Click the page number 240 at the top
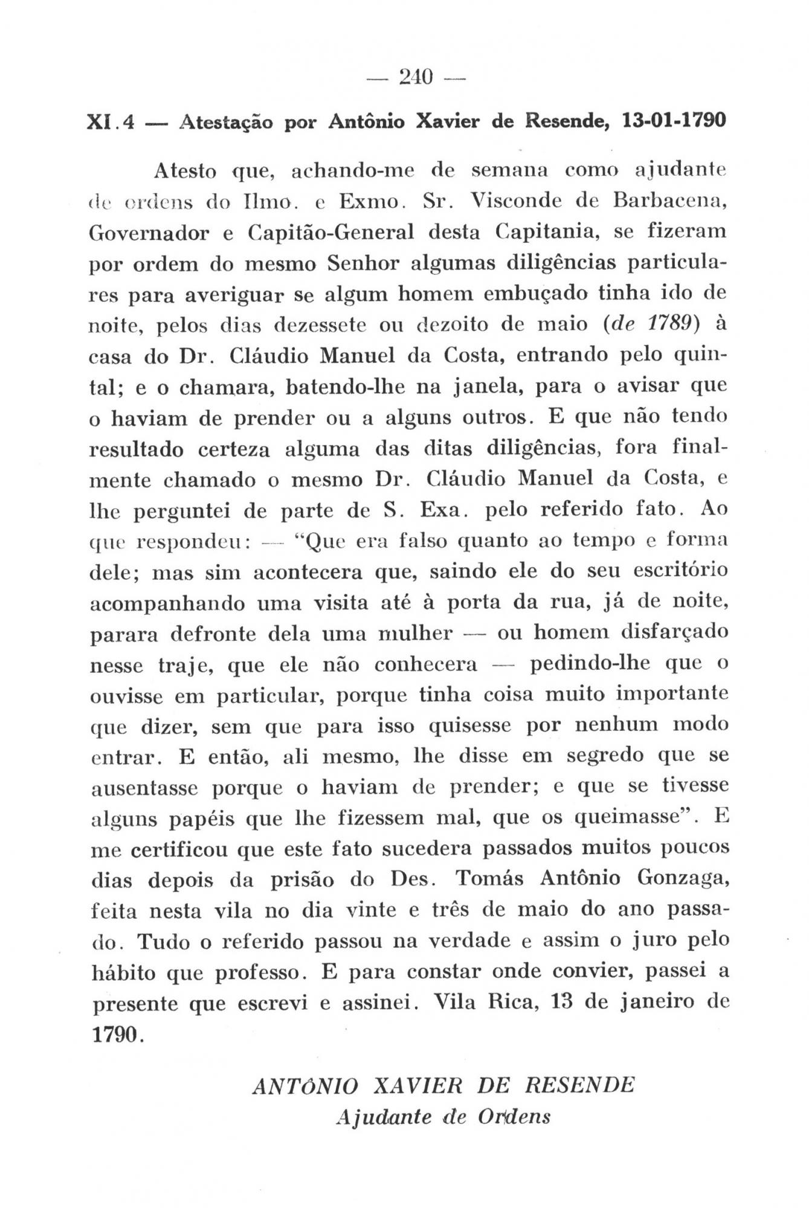click(x=416, y=77)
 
